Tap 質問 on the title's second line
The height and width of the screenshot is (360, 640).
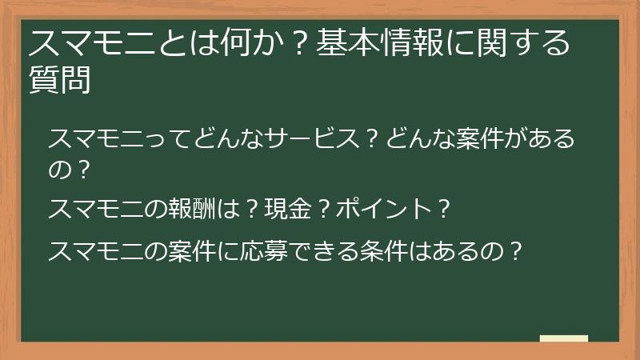(59, 80)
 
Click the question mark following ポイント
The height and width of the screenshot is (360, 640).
(445, 210)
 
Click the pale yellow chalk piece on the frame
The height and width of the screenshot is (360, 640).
(564, 338)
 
